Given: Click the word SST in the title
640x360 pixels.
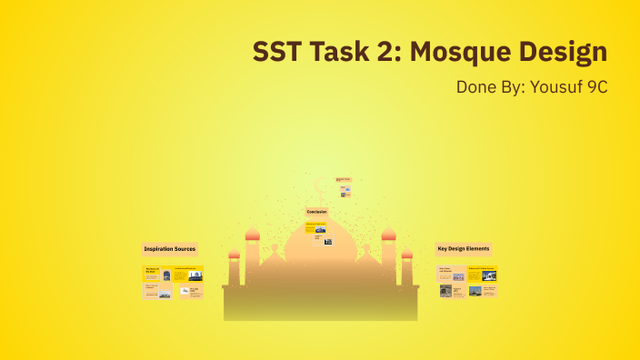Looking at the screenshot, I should pyautogui.click(x=277, y=53).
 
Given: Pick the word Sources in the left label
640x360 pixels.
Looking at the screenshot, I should pyautogui.click(x=185, y=248).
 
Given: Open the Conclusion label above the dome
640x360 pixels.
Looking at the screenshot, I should pyautogui.click(x=316, y=212).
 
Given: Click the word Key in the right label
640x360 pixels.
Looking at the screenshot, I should pyautogui.click(x=443, y=248).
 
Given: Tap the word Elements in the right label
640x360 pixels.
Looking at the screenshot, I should pyautogui.click(x=478, y=248).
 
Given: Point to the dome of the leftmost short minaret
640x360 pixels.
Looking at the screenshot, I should pyautogui.click(x=234, y=254).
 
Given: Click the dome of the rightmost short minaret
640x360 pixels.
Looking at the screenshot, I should pyautogui.click(x=406, y=254).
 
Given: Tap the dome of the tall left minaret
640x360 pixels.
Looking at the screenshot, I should pyautogui.click(x=253, y=234).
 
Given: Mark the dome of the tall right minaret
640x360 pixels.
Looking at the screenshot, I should pyautogui.click(x=388, y=234).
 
